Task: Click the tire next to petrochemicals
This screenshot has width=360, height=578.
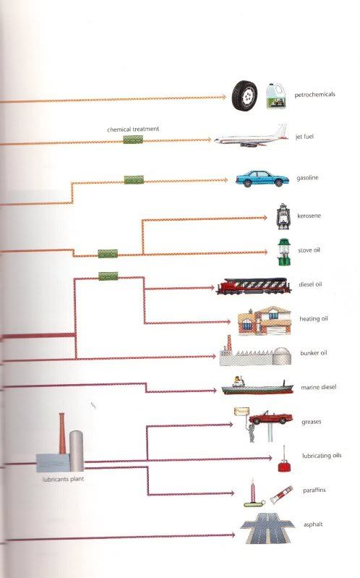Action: (x=244, y=95)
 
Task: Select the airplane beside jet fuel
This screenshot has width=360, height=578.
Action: (x=252, y=137)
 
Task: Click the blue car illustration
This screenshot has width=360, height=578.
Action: (x=262, y=179)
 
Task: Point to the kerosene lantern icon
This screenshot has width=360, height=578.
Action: (x=283, y=216)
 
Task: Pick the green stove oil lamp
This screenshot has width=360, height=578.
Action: (x=284, y=252)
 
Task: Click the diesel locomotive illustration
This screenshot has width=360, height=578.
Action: (x=254, y=286)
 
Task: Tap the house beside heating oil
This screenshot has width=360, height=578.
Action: (x=264, y=320)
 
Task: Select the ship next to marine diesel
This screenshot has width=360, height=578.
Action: (x=257, y=386)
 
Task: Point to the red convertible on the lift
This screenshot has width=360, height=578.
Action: (x=270, y=417)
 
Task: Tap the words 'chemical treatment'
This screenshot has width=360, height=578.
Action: (x=133, y=129)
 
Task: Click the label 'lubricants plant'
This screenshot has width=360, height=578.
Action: (x=63, y=479)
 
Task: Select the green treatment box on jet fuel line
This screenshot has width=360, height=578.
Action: (x=133, y=140)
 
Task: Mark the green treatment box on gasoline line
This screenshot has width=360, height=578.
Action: (x=134, y=180)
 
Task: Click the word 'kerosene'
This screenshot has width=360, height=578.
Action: (x=309, y=216)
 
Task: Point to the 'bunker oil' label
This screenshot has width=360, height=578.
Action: (x=314, y=353)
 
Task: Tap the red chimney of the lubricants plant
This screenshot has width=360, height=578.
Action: (x=62, y=433)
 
